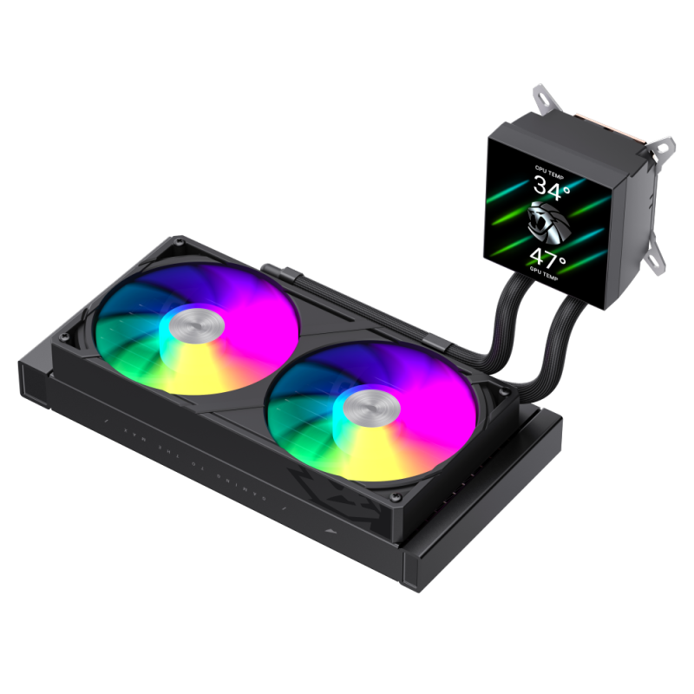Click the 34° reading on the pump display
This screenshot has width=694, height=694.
[553, 188]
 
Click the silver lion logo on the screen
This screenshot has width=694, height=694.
[552, 222]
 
